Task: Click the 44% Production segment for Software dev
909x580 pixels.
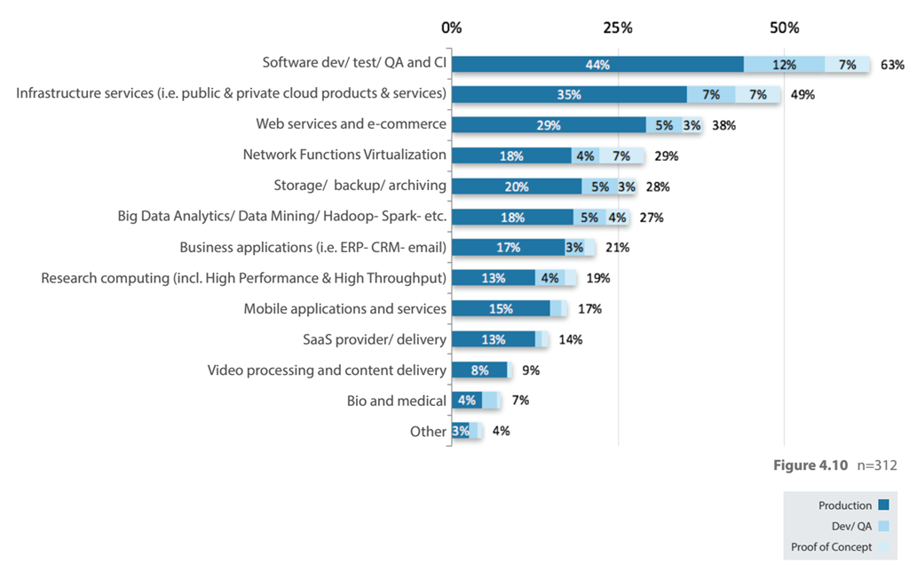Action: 597,64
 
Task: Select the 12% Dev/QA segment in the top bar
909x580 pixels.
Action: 784,64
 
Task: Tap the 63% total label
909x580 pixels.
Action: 892,64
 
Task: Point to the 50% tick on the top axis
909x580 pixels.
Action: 785,28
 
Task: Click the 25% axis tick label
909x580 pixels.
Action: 618,28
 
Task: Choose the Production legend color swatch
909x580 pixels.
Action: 883,505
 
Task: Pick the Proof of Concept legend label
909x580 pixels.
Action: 832,547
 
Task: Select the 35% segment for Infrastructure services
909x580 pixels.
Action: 569,94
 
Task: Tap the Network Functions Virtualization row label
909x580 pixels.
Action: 344,155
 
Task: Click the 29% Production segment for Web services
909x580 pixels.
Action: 549,125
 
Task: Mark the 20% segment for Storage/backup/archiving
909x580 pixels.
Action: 517,187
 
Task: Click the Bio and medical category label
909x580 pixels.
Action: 396,401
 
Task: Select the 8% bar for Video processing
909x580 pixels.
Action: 479,370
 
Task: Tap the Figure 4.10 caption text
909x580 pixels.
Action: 811,465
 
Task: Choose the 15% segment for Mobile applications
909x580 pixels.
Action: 501,309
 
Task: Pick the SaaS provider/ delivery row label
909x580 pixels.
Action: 375,339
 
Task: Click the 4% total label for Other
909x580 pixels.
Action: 501,431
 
